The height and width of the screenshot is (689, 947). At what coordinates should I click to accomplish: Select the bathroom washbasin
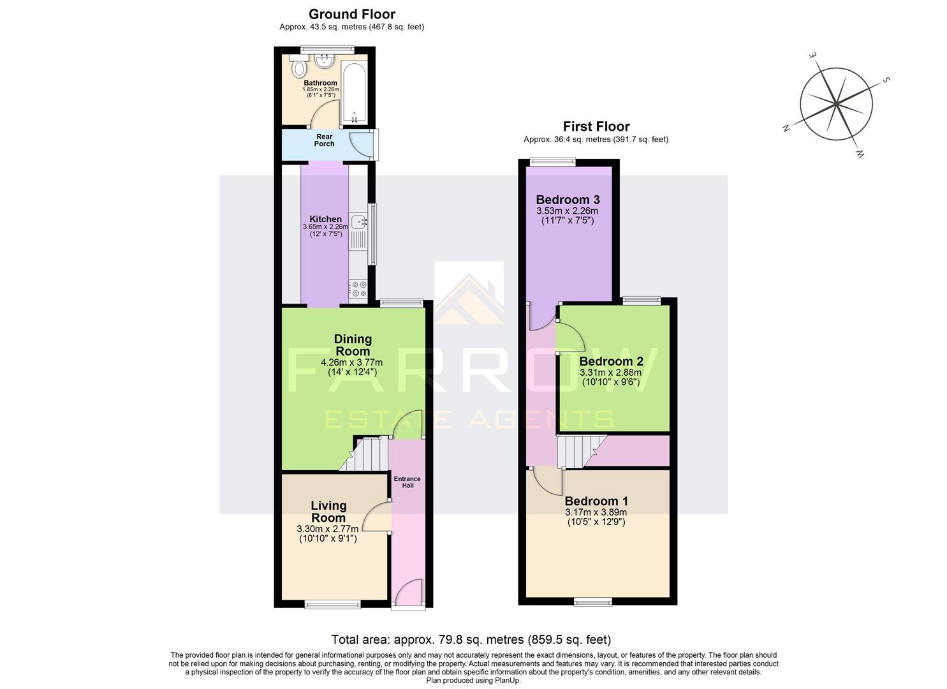325,61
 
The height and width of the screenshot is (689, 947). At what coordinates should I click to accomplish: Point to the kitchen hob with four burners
358,289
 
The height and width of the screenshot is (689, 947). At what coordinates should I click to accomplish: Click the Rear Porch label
324,140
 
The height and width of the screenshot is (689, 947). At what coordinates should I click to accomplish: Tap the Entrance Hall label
407,482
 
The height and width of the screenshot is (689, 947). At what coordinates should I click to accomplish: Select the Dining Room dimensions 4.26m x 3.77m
352,363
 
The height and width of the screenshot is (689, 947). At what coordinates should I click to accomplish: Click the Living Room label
328,512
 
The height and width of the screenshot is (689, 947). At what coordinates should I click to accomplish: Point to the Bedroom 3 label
567,200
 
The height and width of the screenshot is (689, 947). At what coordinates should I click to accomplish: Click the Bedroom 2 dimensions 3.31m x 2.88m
611,373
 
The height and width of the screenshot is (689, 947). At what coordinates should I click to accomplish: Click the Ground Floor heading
351,14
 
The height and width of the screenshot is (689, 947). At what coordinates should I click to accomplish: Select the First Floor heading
596,126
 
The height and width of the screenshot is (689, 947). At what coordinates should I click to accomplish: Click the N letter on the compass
787,128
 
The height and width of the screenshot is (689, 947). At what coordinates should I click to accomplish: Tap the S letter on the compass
886,80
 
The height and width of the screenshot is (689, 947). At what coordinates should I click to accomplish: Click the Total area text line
471,639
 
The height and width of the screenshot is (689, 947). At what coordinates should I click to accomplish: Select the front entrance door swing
409,591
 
